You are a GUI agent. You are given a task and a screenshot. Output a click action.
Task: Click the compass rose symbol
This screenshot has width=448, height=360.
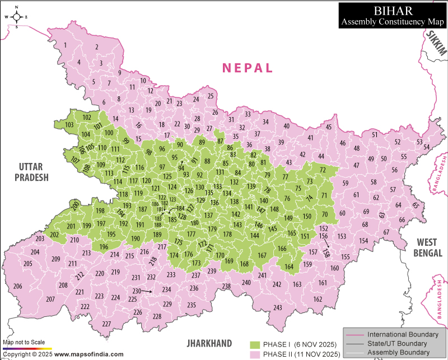[x=17, y=17]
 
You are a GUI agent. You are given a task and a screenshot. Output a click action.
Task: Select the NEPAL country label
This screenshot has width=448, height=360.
[x=248, y=68]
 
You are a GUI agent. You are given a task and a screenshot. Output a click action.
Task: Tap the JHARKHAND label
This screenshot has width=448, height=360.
[x=209, y=343]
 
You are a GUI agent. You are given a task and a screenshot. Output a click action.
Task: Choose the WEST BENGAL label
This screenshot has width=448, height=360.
[x=430, y=247]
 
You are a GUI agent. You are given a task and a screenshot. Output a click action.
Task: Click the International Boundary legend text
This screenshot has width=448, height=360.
[x=400, y=334]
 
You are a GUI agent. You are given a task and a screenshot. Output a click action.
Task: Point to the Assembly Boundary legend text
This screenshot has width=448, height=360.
[x=399, y=352]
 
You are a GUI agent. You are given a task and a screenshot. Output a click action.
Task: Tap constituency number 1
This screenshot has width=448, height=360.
[x=66, y=45]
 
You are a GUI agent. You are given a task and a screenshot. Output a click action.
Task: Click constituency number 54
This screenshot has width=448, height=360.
[x=427, y=147]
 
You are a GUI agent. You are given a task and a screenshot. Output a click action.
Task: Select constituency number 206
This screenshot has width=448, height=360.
[x=18, y=286]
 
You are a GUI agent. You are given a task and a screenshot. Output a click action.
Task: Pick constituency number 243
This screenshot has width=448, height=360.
[x=278, y=308]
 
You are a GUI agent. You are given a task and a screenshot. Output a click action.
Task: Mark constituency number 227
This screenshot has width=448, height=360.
[x=106, y=324]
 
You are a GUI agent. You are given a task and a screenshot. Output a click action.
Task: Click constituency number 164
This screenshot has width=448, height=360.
[x=289, y=267]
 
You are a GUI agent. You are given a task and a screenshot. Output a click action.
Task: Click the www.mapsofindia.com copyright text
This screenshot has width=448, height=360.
[x=89, y=354]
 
